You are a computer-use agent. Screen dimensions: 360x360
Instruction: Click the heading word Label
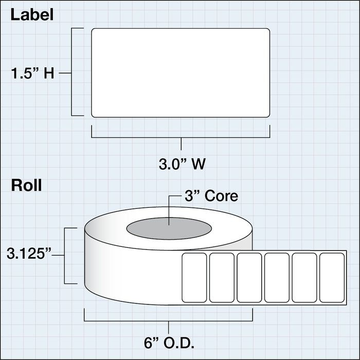click(x=32, y=15)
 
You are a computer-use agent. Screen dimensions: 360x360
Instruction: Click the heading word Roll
click(x=26, y=186)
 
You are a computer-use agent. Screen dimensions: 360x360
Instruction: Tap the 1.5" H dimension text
click(x=32, y=74)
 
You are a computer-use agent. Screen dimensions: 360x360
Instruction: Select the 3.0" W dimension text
click(x=182, y=164)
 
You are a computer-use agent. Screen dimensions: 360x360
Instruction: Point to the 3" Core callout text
click(x=211, y=196)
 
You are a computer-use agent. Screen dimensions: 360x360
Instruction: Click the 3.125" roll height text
click(x=29, y=254)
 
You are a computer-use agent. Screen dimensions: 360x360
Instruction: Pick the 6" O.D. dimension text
click(x=169, y=343)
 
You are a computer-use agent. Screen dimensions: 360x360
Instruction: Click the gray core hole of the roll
click(x=169, y=228)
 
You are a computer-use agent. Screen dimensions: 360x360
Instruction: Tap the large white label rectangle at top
click(x=181, y=73)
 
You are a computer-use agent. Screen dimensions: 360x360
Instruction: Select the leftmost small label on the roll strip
click(x=194, y=278)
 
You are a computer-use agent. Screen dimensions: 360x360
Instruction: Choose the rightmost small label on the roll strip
click(x=332, y=278)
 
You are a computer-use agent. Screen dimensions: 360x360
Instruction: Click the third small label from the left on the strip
click(x=249, y=278)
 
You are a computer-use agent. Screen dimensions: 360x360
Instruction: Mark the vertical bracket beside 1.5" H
click(x=71, y=72)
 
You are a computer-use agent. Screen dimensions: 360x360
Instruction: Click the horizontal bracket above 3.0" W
click(x=181, y=138)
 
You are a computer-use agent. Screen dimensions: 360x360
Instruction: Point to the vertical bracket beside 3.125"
click(x=64, y=256)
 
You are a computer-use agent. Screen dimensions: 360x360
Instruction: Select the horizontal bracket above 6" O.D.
click(x=168, y=321)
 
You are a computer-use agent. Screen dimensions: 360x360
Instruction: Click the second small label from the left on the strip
click(x=222, y=278)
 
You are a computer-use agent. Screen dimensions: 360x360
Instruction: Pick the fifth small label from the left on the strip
click(x=304, y=278)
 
